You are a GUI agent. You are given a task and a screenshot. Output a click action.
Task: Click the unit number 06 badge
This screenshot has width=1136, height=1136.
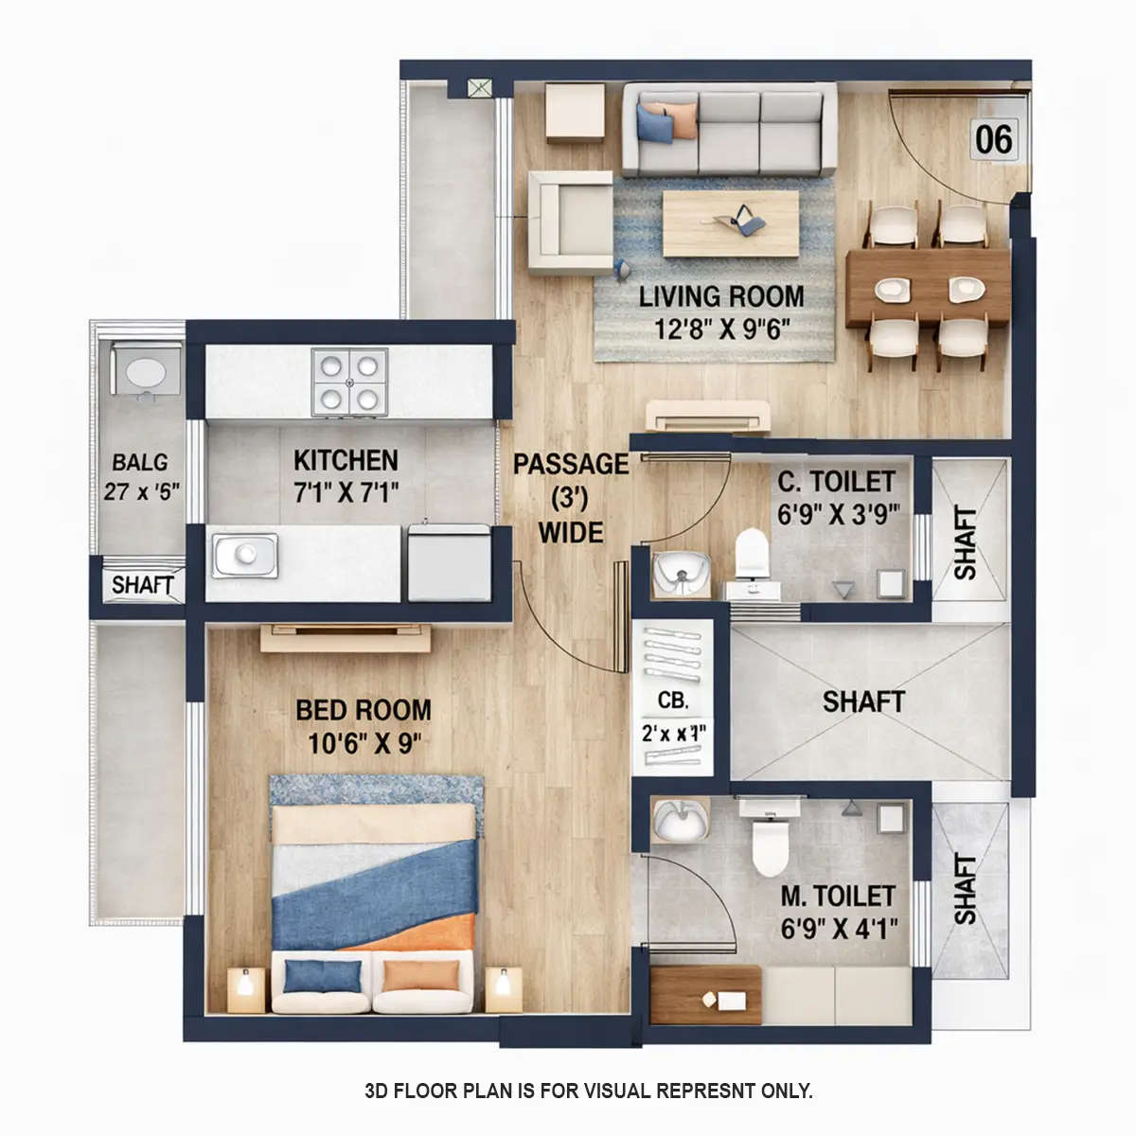(994, 139)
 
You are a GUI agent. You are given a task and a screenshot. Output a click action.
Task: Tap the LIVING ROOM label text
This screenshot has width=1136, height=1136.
(721, 296)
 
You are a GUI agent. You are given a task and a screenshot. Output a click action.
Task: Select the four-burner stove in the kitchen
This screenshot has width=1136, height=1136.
(349, 382)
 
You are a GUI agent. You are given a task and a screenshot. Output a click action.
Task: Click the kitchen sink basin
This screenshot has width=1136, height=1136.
(245, 554)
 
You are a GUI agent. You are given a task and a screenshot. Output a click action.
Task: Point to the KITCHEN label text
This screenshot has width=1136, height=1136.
(346, 461)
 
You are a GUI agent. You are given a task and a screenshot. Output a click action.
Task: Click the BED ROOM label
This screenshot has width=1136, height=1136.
(363, 710)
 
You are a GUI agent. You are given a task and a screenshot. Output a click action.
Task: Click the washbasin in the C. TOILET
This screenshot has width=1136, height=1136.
(679, 573)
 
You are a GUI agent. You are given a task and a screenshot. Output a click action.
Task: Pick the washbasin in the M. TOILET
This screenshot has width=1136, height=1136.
(680, 820)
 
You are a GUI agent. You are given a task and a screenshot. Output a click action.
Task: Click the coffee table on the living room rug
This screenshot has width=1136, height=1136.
(730, 223)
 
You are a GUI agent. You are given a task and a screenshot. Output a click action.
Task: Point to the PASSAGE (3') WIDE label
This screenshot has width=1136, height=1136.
(571, 498)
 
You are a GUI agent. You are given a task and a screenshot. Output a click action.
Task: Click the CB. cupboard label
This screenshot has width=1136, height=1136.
(673, 701)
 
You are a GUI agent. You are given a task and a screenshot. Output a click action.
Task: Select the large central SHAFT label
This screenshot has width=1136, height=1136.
(862, 701)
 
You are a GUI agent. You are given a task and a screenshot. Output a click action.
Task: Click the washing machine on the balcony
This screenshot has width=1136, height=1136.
(146, 369)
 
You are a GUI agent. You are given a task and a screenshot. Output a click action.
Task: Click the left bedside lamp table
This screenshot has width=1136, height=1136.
(246, 987)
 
